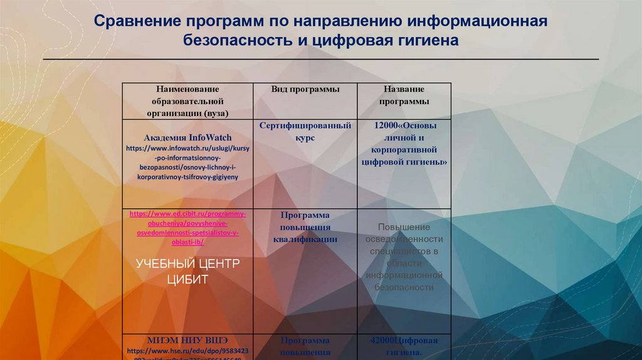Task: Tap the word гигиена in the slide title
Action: pyautogui.click(x=423, y=41)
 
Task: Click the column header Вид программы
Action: pyautogui.click(x=305, y=90)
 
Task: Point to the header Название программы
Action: pyautogui.click(x=404, y=95)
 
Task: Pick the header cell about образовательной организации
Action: pyautogui.click(x=187, y=101)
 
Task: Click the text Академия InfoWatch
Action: pyautogui.click(x=187, y=137)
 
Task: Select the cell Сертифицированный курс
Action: pyautogui.click(x=305, y=131)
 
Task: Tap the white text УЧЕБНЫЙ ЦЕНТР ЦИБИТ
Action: pyautogui.click(x=187, y=271)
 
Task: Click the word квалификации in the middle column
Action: pyautogui.click(x=305, y=239)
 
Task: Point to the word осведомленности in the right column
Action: pyautogui.click(x=404, y=239)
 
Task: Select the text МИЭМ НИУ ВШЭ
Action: pyautogui.click(x=187, y=340)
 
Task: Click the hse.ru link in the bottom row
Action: pyautogui.click(x=187, y=352)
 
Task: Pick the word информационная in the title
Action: pyautogui.click(x=479, y=22)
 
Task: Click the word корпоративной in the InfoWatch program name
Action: pyautogui.click(x=404, y=149)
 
